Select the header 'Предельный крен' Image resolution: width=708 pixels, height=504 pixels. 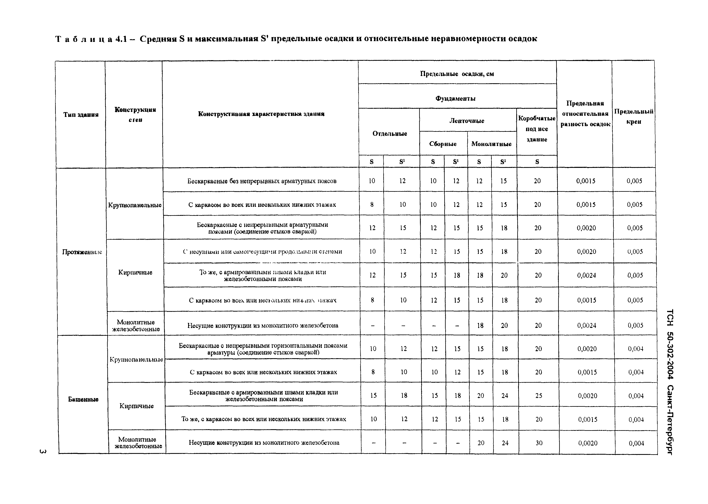click(x=634, y=116)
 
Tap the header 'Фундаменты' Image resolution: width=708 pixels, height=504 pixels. click(x=455, y=98)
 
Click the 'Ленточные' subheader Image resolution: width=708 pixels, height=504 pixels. click(x=467, y=121)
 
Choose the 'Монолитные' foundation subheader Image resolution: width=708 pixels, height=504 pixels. click(x=491, y=144)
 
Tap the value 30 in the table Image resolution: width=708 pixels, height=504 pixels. click(x=539, y=443)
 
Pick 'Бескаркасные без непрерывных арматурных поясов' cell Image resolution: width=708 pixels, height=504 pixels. click(x=262, y=181)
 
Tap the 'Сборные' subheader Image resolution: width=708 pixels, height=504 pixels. click(x=443, y=144)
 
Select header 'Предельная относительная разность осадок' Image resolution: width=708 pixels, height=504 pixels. click(x=585, y=114)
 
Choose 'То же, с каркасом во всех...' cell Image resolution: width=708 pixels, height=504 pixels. click(x=264, y=419)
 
